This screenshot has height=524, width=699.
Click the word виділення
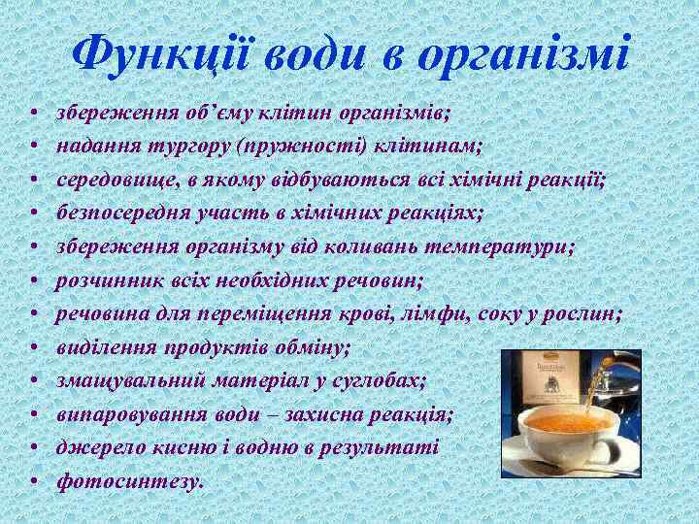click(98, 347)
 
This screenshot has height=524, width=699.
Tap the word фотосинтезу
click(130, 481)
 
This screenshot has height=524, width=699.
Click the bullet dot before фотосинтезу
click(33, 482)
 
